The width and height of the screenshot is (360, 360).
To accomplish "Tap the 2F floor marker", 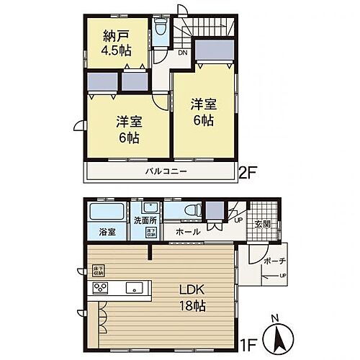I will [x=248, y=173].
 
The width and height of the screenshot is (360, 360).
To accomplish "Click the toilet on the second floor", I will [x=161, y=30].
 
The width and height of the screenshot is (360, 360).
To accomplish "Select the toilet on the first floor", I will [x=190, y=210].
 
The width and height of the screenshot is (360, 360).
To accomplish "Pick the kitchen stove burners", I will [x=99, y=289].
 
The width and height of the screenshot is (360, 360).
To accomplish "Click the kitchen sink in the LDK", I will [x=134, y=288].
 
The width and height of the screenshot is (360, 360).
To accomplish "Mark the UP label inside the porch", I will [x=282, y=275].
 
